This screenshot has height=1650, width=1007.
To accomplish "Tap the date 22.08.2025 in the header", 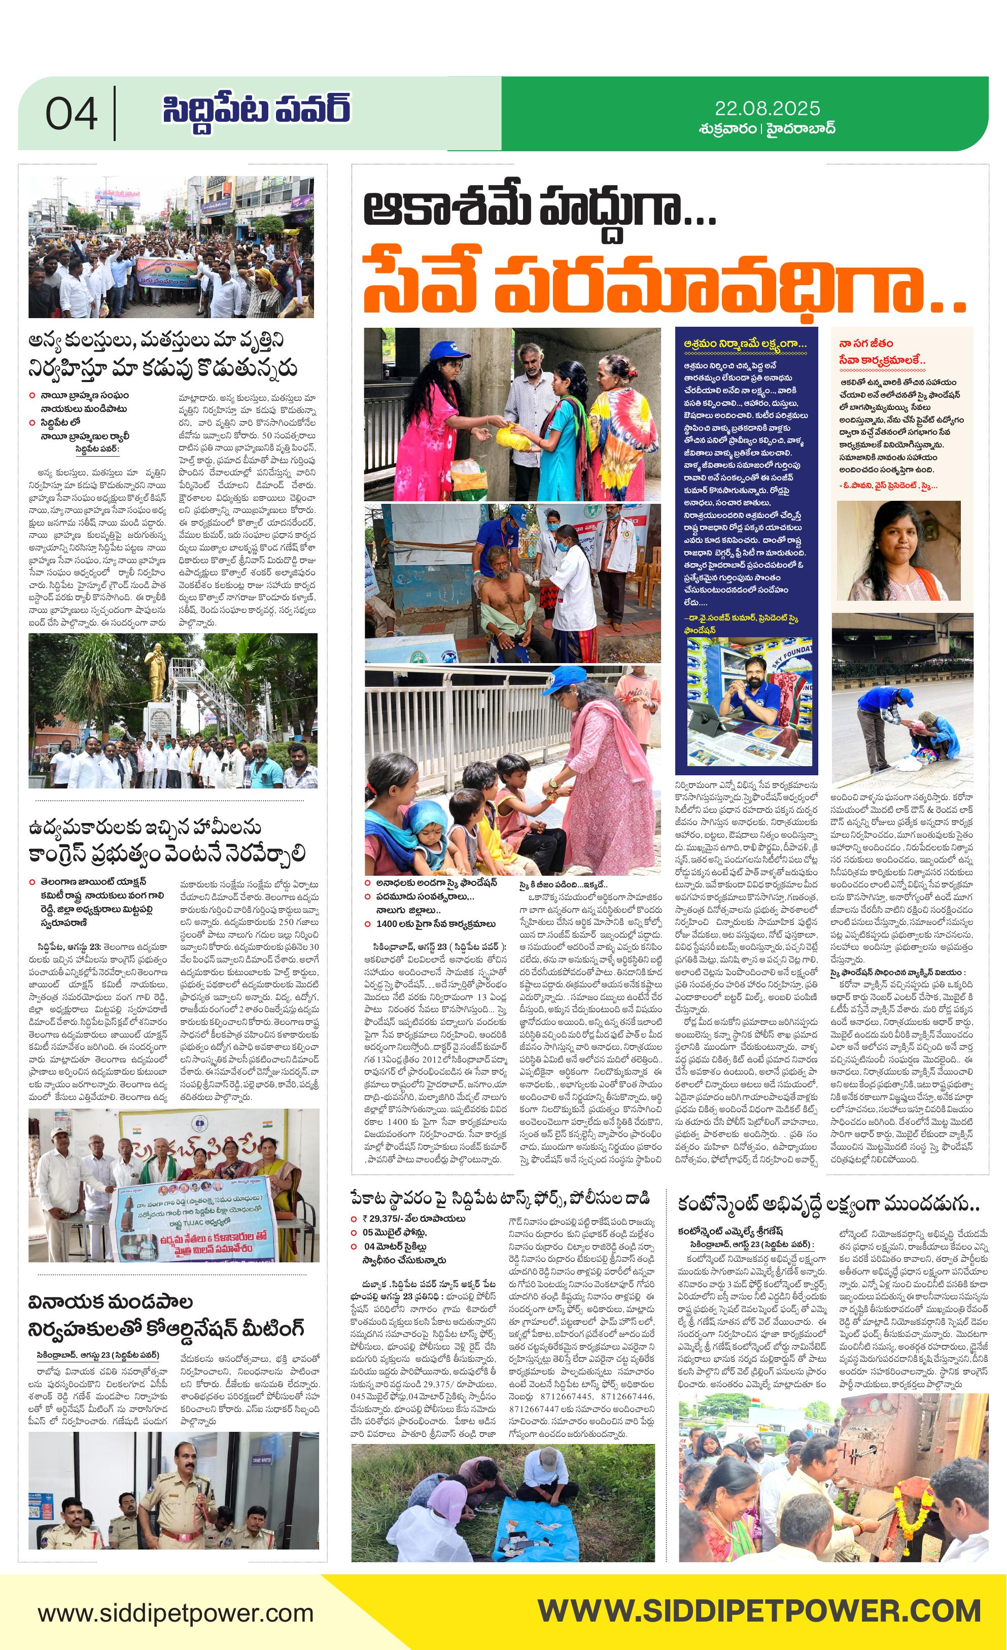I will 768,108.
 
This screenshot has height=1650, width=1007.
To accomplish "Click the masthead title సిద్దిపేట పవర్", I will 256,109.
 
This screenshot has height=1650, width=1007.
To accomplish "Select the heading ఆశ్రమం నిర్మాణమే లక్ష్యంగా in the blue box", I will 745,343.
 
